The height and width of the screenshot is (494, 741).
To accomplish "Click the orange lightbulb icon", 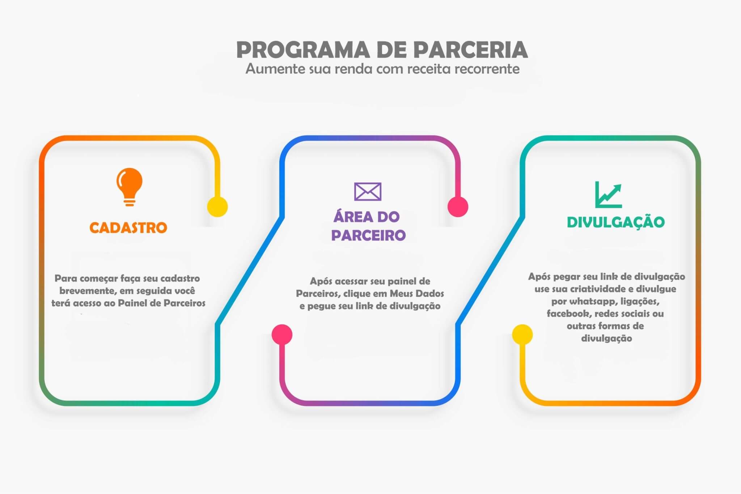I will pos(129,186).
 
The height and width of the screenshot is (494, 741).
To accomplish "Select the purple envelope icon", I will pos(368,191).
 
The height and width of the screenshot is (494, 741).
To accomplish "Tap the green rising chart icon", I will pos(608,195).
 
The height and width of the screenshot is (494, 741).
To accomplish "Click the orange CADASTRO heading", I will pos(128,228).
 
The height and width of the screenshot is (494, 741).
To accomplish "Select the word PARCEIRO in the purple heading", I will pos(368,235).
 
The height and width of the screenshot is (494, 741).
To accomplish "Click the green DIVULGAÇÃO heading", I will pos(615,222).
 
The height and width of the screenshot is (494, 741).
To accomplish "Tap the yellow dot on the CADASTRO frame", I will pos(217,207).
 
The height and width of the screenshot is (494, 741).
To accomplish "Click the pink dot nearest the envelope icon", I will pos(458,207).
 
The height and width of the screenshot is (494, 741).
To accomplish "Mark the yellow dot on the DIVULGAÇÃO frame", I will pos(522,335).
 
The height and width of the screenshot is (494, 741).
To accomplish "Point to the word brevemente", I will pos(85,291).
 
